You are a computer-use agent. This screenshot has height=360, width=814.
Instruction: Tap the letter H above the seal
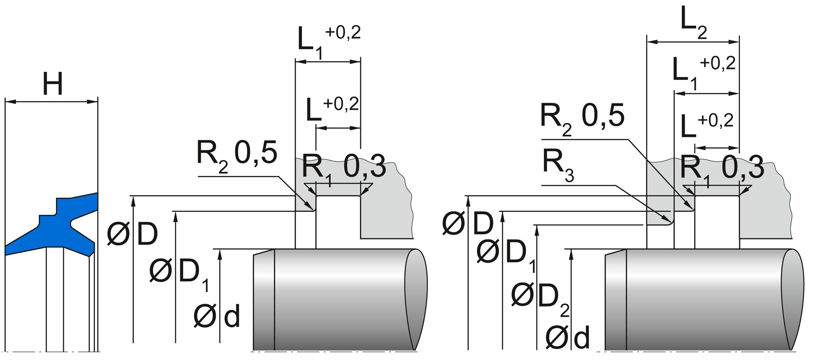pos(53,85)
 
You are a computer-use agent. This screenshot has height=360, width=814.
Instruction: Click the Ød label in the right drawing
pos(567,337)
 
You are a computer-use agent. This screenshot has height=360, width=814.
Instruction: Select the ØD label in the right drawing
pos(468,224)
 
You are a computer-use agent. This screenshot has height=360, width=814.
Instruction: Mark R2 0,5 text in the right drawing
pos(582,118)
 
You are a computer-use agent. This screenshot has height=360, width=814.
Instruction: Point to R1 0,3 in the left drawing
pos(344,168)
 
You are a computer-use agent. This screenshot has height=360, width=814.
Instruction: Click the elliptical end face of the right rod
pos(792,299)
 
